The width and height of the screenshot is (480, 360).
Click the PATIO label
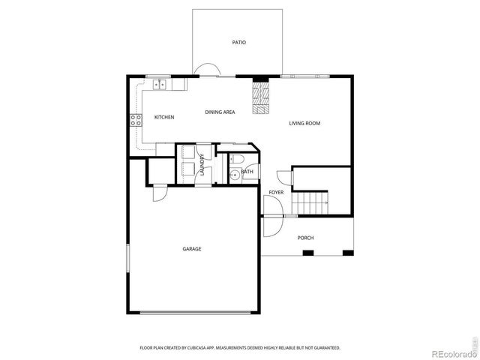pos(238,43)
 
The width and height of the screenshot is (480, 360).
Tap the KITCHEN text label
pos(164,118)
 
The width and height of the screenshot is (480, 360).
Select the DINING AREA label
pos(220,112)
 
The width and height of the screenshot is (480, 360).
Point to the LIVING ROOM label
pos(304,123)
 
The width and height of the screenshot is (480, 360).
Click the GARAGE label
pos(191,249)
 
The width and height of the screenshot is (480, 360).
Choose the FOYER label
pos(276,193)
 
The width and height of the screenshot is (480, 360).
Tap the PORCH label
pos(305,238)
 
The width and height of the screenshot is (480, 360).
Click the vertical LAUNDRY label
pos(202,164)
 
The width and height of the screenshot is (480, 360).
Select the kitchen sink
pos(159,85)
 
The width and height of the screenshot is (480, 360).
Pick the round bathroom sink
pos(234,176)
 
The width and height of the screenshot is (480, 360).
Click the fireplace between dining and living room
pos(260,97)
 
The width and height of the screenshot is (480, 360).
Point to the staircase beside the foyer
pos(310,201)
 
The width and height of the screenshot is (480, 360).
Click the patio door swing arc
pos(203,71)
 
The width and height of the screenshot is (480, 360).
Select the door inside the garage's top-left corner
pos(158,193)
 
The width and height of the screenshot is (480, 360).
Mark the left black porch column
pos(307,253)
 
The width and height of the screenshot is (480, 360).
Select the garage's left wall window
pos(127,266)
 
